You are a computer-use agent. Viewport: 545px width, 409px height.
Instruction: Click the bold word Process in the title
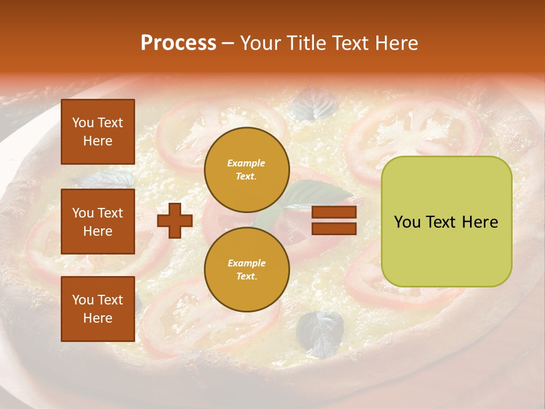178,43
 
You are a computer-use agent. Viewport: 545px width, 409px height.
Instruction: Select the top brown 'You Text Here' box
98,132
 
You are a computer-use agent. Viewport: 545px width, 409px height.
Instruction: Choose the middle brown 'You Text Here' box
98,222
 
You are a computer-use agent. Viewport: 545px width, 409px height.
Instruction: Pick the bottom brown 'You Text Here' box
98,308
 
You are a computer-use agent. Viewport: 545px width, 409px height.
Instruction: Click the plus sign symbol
175,220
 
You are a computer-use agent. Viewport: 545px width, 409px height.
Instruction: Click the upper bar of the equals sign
334,212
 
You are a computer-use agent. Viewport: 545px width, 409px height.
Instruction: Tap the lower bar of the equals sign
334,228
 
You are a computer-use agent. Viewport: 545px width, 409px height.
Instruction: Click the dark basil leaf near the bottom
321,334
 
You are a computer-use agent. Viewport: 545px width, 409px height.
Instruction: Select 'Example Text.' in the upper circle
246,170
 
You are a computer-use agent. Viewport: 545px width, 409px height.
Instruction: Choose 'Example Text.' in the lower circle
246,270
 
